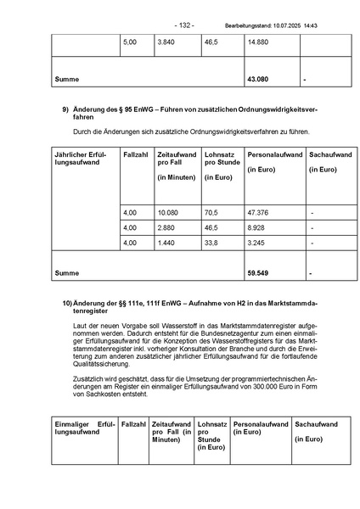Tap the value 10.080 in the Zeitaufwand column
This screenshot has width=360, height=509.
pos(169,212)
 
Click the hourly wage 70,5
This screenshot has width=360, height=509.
pos(211,212)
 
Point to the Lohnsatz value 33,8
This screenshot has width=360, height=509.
pos(211,243)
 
